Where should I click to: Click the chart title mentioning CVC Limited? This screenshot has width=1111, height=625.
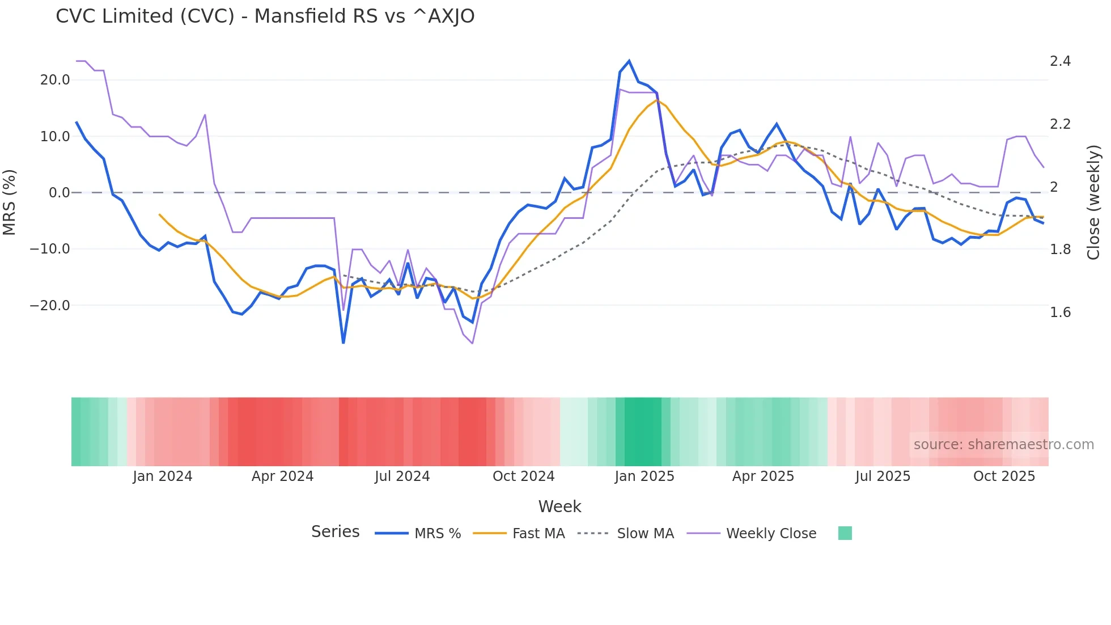point(265,16)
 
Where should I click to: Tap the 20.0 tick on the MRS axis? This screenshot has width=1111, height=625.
point(55,80)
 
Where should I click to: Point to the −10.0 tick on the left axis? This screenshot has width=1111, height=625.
point(50,249)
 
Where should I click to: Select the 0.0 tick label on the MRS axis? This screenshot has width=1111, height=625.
point(59,193)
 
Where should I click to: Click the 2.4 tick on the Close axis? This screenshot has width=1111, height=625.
point(1060,61)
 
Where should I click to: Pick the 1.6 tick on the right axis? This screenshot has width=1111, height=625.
point(1060,312)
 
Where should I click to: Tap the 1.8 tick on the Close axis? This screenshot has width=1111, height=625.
point(1060,250)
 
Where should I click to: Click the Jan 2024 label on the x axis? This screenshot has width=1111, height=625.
point(163,476)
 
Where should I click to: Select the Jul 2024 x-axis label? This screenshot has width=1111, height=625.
point(402,476)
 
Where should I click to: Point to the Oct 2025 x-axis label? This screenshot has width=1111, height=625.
point(1004,476)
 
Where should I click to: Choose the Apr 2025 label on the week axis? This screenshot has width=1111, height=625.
point(763,476)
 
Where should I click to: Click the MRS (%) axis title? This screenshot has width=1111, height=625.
point(9,202)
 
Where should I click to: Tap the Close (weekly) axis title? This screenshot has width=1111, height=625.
point(1093,202)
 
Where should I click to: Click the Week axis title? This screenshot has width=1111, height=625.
point(559,506)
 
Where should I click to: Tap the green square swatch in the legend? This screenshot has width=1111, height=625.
point(845,533)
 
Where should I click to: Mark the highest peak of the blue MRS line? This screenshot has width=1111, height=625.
point(629,61)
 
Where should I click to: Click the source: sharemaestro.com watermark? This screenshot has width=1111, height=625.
point(1003,445)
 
